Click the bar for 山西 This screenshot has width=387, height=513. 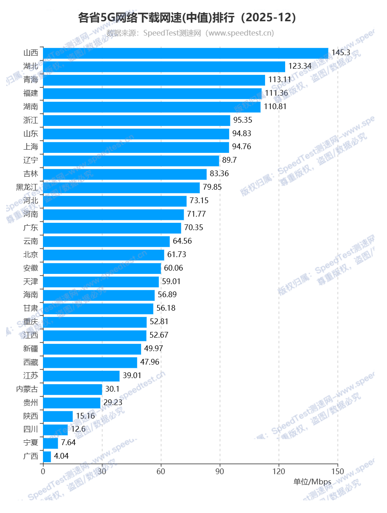185,53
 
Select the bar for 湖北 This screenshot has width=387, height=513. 164,66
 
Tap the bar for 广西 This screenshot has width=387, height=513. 47,457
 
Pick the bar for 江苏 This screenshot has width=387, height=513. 81,376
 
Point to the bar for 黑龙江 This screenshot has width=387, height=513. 122,188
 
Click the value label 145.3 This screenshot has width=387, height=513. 341,53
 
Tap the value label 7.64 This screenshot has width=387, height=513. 68,443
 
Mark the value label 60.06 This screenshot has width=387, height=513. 173,268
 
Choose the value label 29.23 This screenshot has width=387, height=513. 113,403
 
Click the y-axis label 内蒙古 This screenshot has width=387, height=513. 27,389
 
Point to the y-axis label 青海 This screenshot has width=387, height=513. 31,80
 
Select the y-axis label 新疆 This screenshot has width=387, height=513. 31,349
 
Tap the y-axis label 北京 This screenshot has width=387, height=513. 31,255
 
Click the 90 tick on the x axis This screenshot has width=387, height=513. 220,471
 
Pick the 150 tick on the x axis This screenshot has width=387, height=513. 338,471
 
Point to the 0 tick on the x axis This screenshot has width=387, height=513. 43,471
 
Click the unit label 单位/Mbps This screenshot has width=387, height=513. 312,482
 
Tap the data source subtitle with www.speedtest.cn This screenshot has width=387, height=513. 190,33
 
